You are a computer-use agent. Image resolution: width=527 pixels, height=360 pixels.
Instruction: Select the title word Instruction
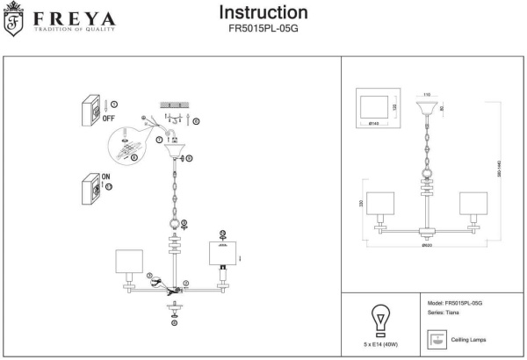click(x=263, y=13)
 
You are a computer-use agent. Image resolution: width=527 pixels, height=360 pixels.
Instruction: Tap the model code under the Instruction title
click(x=263, y=28)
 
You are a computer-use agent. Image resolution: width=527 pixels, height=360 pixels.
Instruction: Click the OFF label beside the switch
click(x=109, y=117)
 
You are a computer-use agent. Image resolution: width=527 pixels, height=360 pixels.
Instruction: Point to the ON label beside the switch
click(x=106, y=176)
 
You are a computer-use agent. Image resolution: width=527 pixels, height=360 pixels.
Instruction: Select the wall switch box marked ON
click(x=89, y=187)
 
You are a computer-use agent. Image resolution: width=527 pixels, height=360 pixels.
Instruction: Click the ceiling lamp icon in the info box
click(x=435, y=338)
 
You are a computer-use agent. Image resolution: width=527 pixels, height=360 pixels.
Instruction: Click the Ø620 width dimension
click(x=425, y=245)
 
